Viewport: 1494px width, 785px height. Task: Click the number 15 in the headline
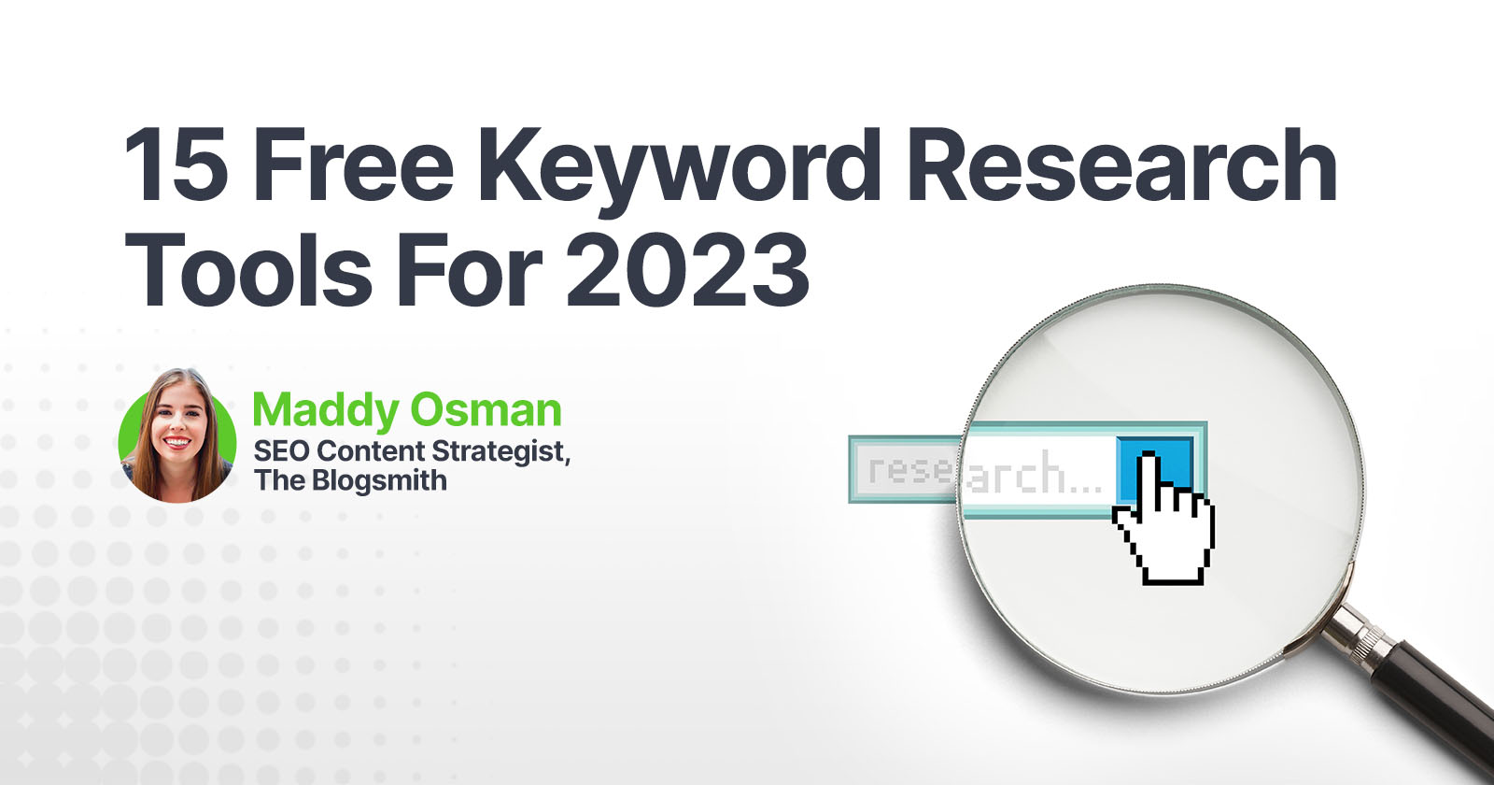coord(175,166)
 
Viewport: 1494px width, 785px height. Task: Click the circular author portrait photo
coord(176,435)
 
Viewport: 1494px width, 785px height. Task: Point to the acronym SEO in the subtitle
coord(282,451)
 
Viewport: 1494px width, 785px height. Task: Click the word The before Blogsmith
coord(272,481)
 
